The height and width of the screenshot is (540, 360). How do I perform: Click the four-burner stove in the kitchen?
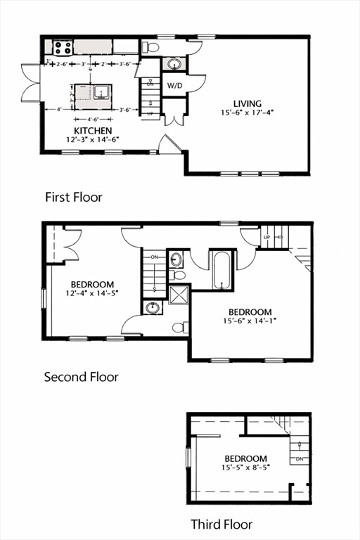pyautogui.click(x=63, y=48)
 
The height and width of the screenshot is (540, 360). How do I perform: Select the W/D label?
pyautogui.click(x=174, y=85)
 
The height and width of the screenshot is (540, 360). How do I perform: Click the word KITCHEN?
pyautogui.click(x=93, y=131)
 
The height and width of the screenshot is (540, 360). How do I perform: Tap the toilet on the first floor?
pyautogui.click(x=150, y=48)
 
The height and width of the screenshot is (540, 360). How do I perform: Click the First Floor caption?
pyautogui.click(x=73, y=197)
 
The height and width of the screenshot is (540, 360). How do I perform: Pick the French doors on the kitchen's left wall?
pyautogui.click(x=31, y=82)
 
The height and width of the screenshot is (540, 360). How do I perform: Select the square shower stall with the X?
pyautogui.click(x=179, y=292)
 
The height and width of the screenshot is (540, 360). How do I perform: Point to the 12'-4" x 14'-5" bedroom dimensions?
pyautogui.click(x=93, y=293)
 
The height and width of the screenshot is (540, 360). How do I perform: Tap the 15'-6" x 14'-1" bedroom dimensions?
pyautogui.click(x=250, y=321)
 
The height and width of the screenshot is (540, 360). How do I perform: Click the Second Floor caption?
pyautogui.click(x=81, y=377)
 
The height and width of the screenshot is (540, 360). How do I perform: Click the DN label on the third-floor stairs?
pyautogui.click(x=300, y=459)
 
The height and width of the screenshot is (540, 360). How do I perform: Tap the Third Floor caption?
pyautogui.click(x=221, y=524)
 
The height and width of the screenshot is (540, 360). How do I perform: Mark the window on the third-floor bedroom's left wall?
pyautogui.click(x=188, y=457)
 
